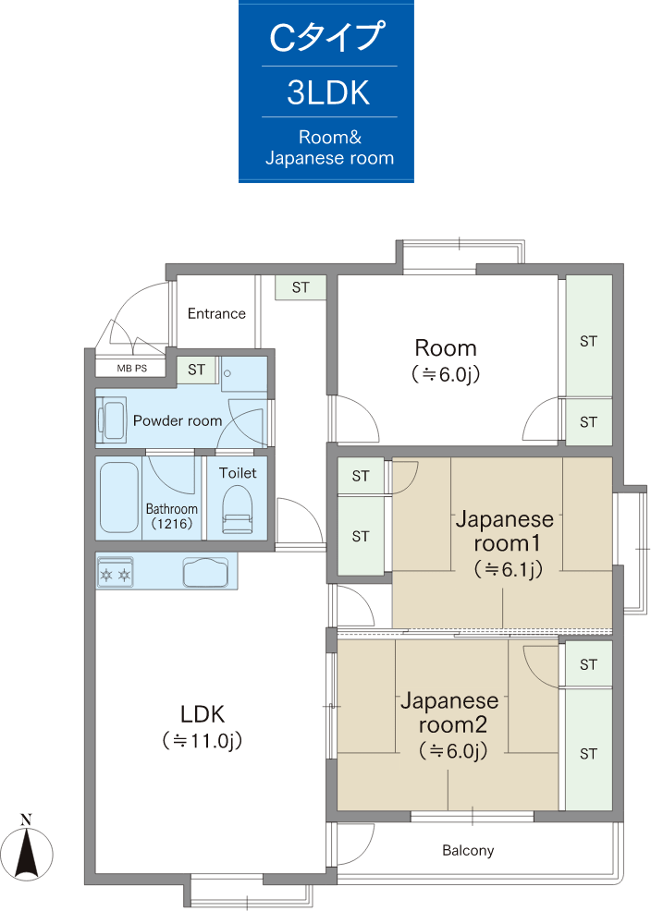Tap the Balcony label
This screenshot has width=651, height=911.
pyautogui.click(x=468, y=851)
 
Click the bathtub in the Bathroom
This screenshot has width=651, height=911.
pyautogui.click(x=118, y=497)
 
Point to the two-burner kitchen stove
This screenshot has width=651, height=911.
pyautogui.click(x=115, y=573)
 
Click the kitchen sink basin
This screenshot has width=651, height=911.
pyautogui.click(x=206, y=572)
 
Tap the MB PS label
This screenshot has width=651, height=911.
pyautogui.click(x=132, y=369)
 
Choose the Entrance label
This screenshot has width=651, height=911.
pyautogui.click(x=216, y=314)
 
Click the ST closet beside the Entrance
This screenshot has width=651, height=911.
pyautogui.click(x=301, y=287)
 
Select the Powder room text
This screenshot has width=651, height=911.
pyautogui.click(x=178, y=420)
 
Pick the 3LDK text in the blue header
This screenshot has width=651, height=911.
pyautogui.click(x=328, y=92)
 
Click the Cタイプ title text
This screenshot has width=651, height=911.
pyautogui.click(x=327, y=37)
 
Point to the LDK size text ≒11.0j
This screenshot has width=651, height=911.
pyautogui.click(x=203, y=741)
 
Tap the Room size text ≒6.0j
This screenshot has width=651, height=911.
pyautogui.click(x=446, y=373)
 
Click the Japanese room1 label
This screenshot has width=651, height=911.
pyautogui.click(x=505, y=531)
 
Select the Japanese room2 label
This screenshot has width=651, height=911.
pyautogui.click(x=450, y=712)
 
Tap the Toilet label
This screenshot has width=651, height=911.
pyautogui.click(x=238, y=473)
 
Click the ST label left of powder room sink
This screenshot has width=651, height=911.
pyautogui.click(x=196, y=370)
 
